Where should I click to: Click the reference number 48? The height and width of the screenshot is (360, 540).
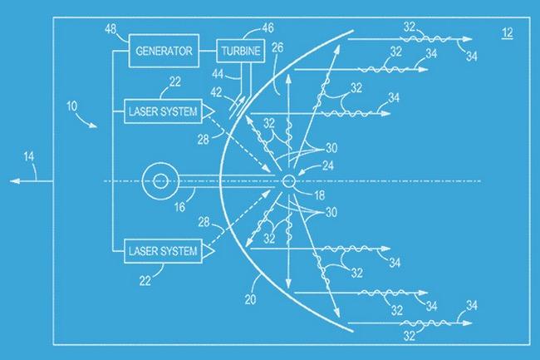tap(110, 29)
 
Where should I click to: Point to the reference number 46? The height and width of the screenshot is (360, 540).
tap(268, 27)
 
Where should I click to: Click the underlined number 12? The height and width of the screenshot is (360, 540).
tap(508, 33)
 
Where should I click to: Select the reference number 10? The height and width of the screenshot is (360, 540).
tap(72, 106)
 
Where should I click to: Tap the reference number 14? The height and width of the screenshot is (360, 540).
tap(29, 157)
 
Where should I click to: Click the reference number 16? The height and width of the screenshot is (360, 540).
tap(179, 207)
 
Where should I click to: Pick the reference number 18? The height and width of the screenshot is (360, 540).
tap(320, 195)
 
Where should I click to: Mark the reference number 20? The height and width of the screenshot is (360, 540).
tap(250, 299)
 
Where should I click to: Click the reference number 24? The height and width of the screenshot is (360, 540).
tap(328, 165)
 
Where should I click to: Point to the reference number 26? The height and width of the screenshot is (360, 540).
tap(277, 47)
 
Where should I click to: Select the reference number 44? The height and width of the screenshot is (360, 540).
tap(218, 74)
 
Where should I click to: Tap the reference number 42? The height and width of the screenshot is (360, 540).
tap(216, 92)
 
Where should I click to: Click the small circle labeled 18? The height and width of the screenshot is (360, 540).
tap(288, 181)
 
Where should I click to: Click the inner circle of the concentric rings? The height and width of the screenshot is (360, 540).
tap(160, 181)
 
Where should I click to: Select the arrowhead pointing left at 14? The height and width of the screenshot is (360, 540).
tap(14, 181)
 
